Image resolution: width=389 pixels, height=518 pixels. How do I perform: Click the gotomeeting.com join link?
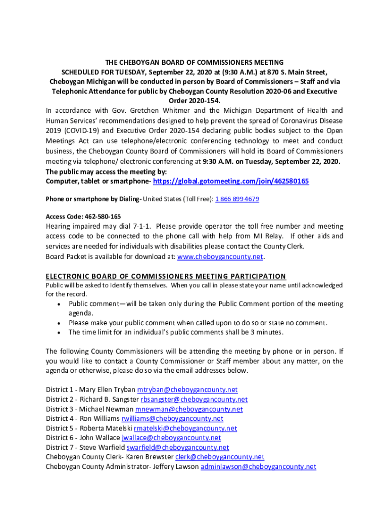[x=231, y=181]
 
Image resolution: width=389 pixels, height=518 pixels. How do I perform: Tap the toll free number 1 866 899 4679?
[x=237, y=199]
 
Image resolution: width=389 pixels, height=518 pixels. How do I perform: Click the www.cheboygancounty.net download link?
[x=220, y=256]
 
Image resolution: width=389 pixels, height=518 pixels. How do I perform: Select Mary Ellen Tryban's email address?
[x=187, y=390]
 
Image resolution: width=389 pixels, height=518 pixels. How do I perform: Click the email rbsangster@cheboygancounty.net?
[x=194, y=400]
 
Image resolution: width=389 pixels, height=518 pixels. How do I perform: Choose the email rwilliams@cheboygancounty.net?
[x=172, y=419]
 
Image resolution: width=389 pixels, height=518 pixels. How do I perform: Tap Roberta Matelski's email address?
[x=185, y=428]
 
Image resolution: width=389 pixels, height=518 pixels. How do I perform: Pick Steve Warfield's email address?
[x=178, y=448]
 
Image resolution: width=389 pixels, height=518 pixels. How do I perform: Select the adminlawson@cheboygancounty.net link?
[x=258, y=467]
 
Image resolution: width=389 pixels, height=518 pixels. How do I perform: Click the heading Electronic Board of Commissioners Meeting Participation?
[x=166, y=276]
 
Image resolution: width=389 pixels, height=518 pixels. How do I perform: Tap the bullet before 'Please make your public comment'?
[x=60, y=323]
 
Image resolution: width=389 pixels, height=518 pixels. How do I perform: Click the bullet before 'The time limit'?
[x=60, y=333]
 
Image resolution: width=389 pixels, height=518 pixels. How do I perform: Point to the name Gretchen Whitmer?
[x=155, y=111]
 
